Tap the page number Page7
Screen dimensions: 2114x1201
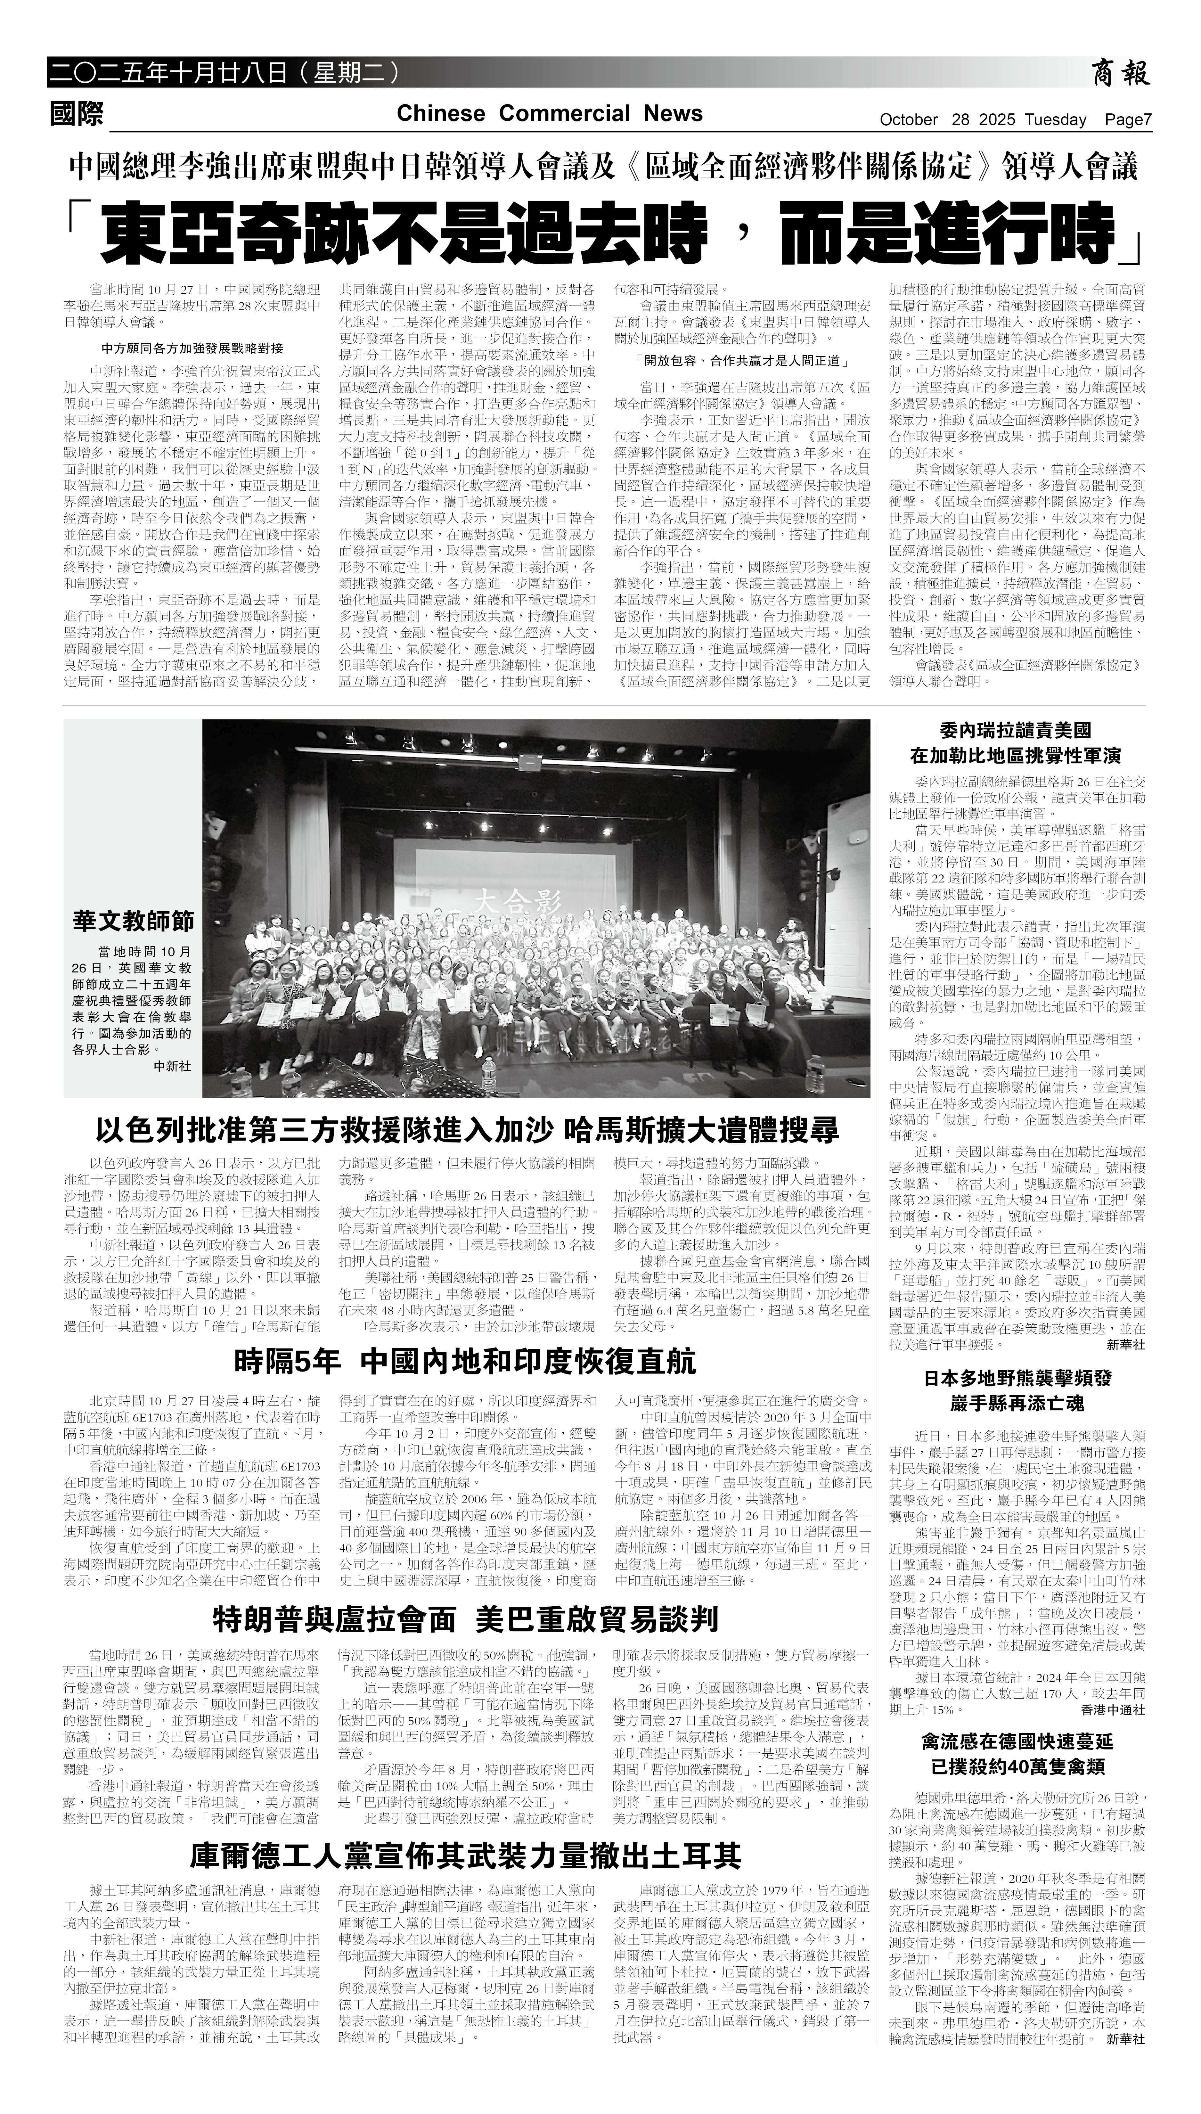(x=1128, y=119)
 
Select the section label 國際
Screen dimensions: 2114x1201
(x=77, y=114)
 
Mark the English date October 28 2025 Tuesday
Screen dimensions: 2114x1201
(x=982, y=119)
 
